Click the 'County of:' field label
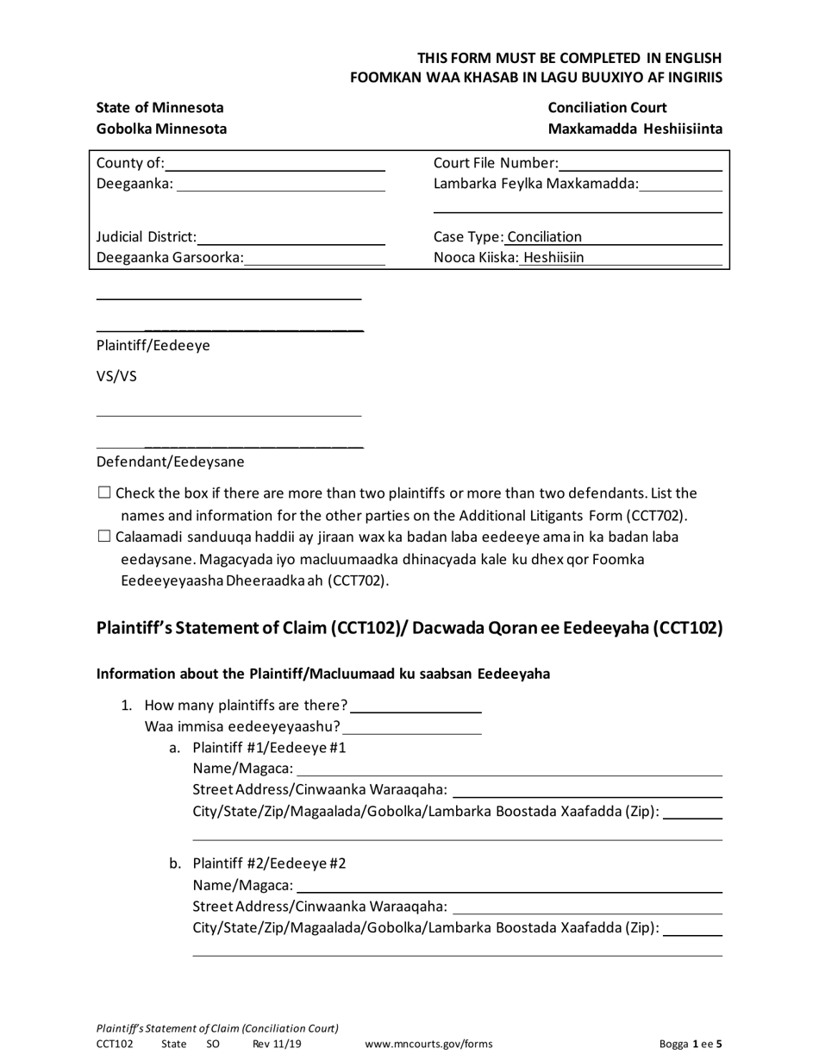click(130, 163)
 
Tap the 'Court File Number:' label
click(496, 163)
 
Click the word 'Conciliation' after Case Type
click(545, 237)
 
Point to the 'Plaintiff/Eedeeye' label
click(153, 346)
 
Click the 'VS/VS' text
click(116, 377)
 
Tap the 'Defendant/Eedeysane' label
click(170, 461)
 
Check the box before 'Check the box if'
click(104, 493)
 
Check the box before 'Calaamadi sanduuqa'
click(104, 537)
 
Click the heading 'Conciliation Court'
click(607, 108)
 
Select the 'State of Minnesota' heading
click(159, 108)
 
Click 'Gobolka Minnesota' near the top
click(161, 129)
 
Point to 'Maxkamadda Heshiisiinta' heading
click(635, 129)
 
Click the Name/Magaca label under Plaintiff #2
click(243, 885)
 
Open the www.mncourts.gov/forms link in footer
click(429, 1044)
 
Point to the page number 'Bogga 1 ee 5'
click(691, 1044)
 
